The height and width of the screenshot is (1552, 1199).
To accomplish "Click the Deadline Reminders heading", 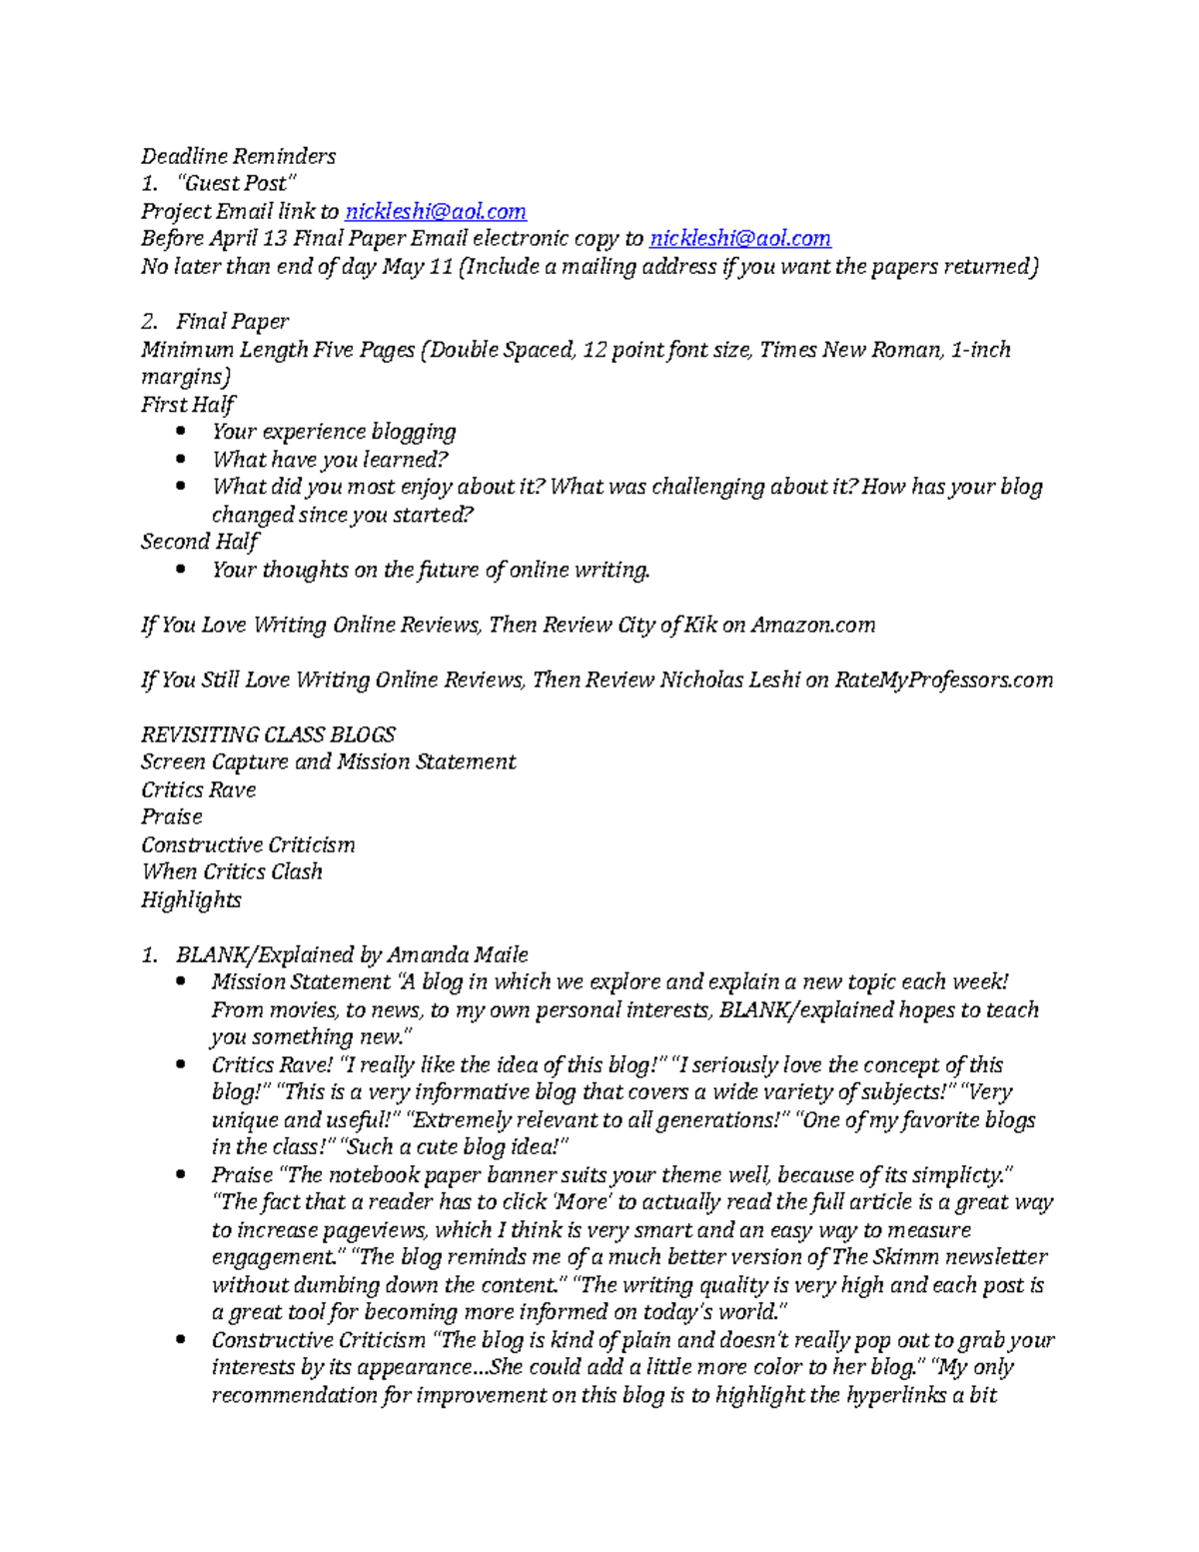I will (238, 156).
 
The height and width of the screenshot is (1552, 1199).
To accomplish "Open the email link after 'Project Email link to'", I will (435, 211).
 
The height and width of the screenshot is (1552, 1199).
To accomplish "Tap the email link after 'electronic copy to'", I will (739, 238).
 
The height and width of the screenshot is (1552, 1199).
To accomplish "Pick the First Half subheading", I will (188, 404).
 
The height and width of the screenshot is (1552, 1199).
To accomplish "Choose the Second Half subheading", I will (199, 542).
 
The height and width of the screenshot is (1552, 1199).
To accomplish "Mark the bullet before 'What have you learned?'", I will (180, 460).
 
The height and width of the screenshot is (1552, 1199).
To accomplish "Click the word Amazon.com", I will (812, 625).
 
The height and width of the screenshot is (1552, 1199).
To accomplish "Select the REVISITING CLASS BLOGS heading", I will (268, 735).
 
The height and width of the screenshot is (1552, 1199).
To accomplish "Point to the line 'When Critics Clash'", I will (232, 871).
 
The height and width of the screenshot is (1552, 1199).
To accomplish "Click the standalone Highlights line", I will (191, 899).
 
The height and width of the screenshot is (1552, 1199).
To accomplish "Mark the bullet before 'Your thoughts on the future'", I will (180, 570).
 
